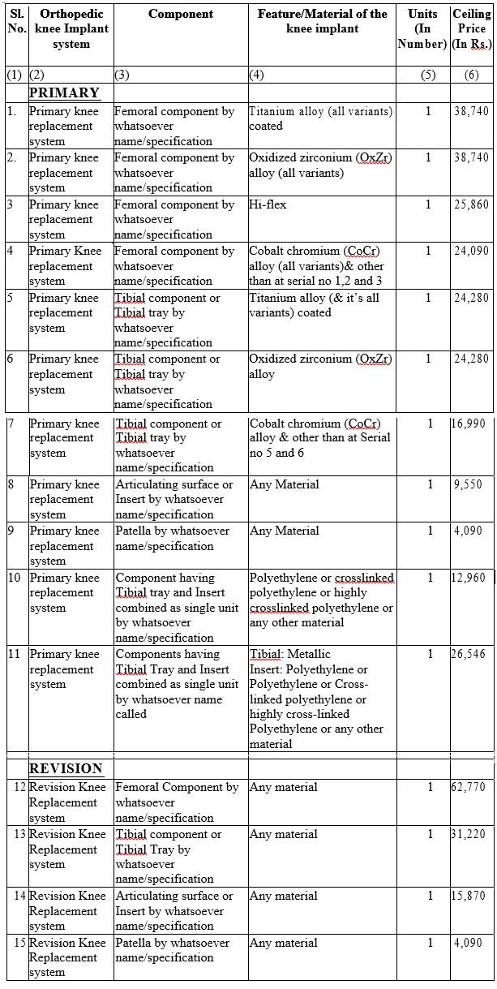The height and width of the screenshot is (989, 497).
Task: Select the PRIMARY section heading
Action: coord(64,92)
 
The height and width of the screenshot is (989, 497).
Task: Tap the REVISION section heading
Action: coord(66,768)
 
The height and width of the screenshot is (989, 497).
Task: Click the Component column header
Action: coord(181,14)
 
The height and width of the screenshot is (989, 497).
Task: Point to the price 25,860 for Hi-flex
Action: coord(471,204)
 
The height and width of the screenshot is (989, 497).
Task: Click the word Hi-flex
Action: coord(268,204)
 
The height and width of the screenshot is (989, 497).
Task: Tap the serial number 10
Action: coord(15,578)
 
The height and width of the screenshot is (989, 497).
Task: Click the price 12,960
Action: coord(471,578)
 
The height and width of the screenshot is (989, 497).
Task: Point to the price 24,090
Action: coord(471,251)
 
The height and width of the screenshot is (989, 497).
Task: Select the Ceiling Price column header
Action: coord(471,28)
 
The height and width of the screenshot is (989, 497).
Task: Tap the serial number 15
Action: coord(18,943)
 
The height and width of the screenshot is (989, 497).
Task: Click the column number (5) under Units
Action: coord(428,75)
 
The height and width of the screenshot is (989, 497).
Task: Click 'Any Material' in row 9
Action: coord(285,531)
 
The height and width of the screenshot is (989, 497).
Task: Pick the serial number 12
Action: coord(18,788)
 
